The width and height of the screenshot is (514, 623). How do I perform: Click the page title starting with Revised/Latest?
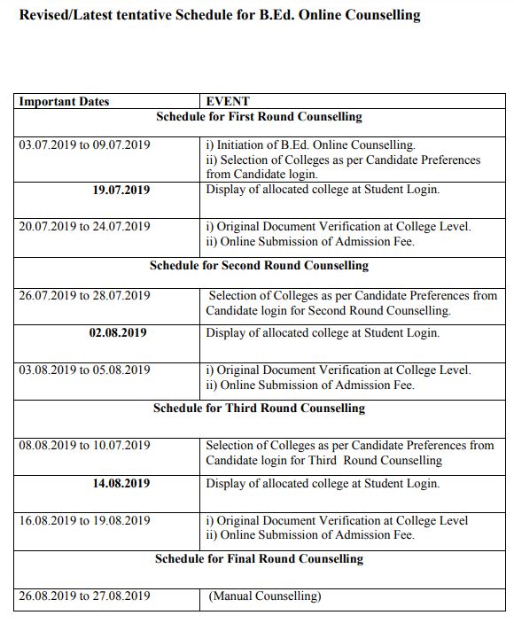click(220, 16)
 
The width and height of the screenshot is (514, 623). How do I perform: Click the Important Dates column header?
click(64, 102)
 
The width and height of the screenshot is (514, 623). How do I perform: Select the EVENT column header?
click(228, 102)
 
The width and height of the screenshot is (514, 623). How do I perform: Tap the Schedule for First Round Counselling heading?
click(259, 117)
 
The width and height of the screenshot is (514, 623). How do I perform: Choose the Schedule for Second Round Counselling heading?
click(259, 266)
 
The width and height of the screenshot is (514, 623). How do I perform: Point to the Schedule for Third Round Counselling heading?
click(259, 409)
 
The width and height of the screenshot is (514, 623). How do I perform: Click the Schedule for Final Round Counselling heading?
click(259, 559)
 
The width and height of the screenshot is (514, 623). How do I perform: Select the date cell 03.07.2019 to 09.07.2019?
click(84, 145)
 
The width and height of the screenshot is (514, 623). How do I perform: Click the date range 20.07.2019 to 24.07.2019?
click(84, 227)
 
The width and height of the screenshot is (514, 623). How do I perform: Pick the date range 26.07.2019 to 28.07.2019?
click(84, 296)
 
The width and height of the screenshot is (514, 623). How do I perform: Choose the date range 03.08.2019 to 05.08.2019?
click(84, 370)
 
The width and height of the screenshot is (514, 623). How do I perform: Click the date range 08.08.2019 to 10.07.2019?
click(84, 446)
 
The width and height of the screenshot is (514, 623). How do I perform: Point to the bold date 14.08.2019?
click(121, 484)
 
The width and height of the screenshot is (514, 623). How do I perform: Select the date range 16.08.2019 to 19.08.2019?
click(84, 521)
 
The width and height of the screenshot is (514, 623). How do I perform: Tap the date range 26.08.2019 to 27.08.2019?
click(84, 596)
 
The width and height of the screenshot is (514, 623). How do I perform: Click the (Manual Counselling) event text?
click(265, 596)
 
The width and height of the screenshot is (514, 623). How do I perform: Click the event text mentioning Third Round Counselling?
click(350, 453)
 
